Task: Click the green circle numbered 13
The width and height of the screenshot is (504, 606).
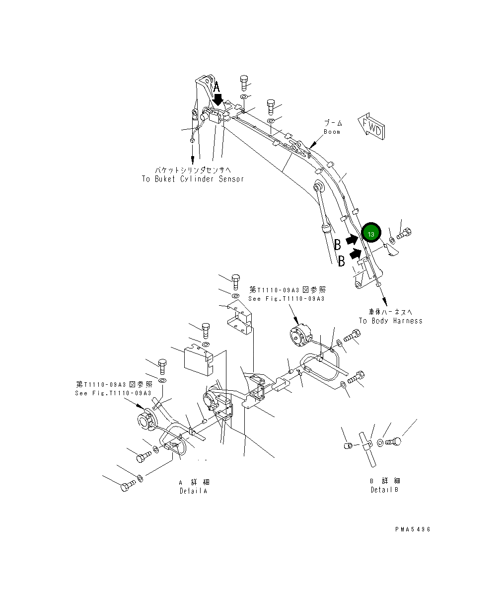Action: coord(371,233)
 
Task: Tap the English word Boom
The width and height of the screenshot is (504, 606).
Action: coord(332,132)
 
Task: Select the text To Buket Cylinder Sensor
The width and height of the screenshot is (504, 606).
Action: coord(193,179)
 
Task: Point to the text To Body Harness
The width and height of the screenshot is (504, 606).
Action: coord(391,321)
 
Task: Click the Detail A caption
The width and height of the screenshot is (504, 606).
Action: coord(194,491)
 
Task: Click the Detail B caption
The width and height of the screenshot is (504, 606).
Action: coord(385,490)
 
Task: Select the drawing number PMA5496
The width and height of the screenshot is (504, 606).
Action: coord(413,529)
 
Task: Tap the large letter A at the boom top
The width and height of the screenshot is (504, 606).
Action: coord(216,88)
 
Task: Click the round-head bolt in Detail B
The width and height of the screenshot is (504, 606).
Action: coord(394,440)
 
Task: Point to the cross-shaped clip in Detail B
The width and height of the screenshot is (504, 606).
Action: coord(366,442)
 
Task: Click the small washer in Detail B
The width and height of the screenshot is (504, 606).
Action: coord(380,442)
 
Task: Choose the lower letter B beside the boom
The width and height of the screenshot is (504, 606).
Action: coord(341,261)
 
